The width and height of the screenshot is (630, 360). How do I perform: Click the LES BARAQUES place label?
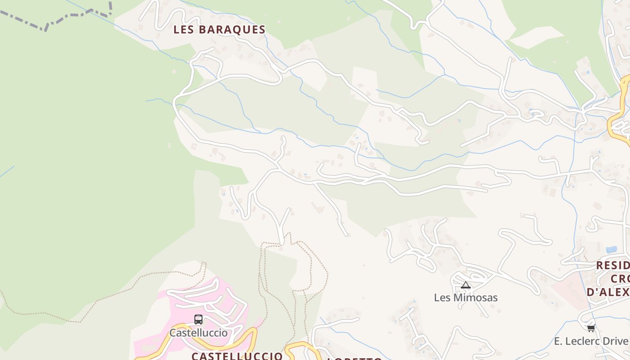(220, 30)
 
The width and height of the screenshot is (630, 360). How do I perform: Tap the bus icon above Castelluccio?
(198, 319)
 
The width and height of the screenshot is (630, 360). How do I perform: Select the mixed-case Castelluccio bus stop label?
(198, 333)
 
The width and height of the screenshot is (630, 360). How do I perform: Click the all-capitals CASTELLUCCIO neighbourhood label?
(237, 356)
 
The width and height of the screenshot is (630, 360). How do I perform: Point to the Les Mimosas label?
(466, 297)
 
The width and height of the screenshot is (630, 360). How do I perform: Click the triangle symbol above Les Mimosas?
(466, 285)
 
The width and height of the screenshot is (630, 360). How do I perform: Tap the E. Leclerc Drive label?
(591, 341)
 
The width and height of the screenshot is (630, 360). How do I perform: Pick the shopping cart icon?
(591, 328)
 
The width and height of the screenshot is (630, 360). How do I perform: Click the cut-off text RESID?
(612, 265)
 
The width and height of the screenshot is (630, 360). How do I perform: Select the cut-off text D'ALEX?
(608, 292)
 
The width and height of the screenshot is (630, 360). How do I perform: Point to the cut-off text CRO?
(620, 279)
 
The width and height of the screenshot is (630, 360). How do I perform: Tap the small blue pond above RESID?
(611, 249)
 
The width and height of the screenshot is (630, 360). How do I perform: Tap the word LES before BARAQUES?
(184, 30)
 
